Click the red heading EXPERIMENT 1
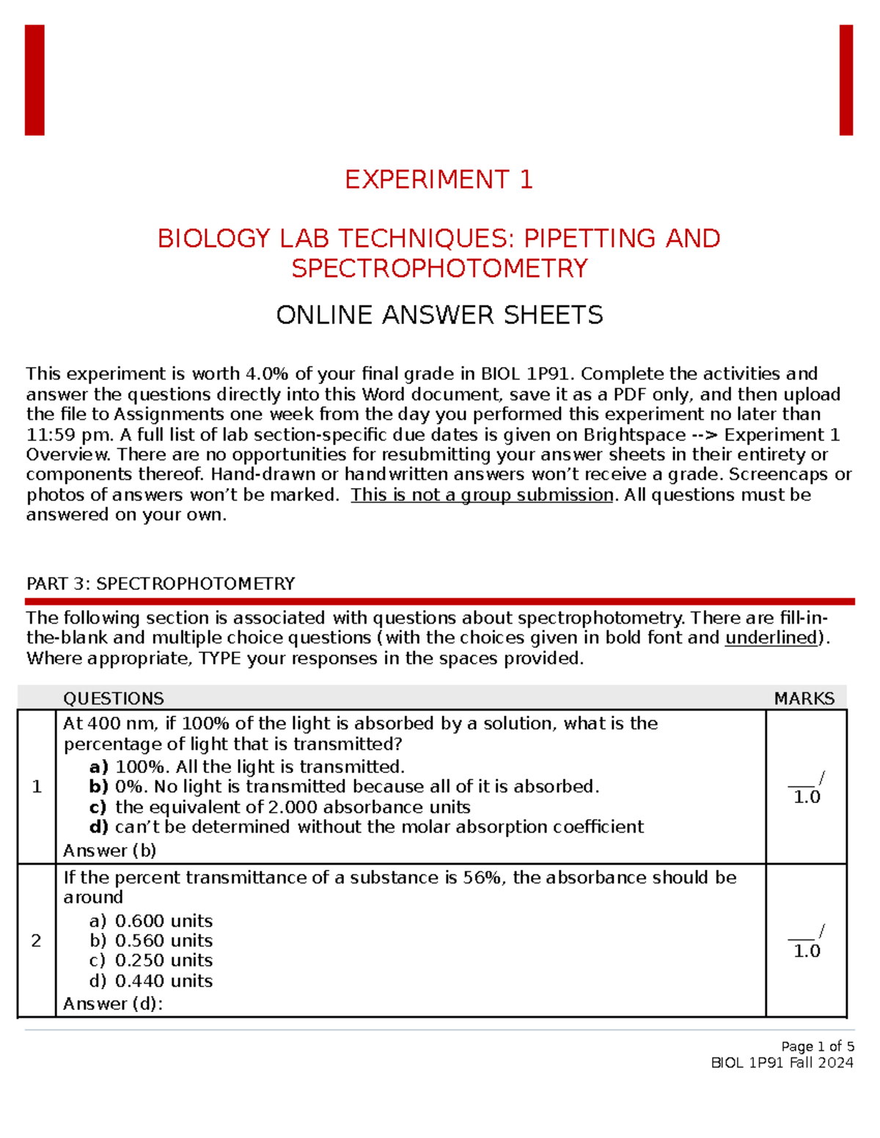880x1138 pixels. tap(439, 180)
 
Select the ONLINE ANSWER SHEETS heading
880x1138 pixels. tap(439, 315)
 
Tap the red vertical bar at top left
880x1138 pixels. tap(34, 80)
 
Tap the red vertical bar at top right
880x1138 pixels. tap(846, 80)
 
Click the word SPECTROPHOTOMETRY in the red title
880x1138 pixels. tap(439, 268)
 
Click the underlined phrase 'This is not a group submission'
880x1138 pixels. tap(482, 495)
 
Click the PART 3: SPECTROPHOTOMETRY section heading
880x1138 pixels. tap(161, 584)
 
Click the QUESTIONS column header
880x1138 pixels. tap(114, 698)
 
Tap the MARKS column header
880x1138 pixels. tap(804, 698)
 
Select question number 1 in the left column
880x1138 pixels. tap(37, 787)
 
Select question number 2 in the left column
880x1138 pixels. tap(37, 941)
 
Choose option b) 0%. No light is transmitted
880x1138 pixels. tap(345, 787)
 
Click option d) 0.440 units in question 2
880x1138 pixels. tap(152, 981)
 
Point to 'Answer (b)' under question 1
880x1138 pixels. tap(110, 851)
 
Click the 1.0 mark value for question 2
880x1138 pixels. tap(807, 951)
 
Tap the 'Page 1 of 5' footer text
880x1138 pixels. tap(817, 1046)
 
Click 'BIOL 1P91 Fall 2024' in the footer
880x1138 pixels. tap(782, 1063)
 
